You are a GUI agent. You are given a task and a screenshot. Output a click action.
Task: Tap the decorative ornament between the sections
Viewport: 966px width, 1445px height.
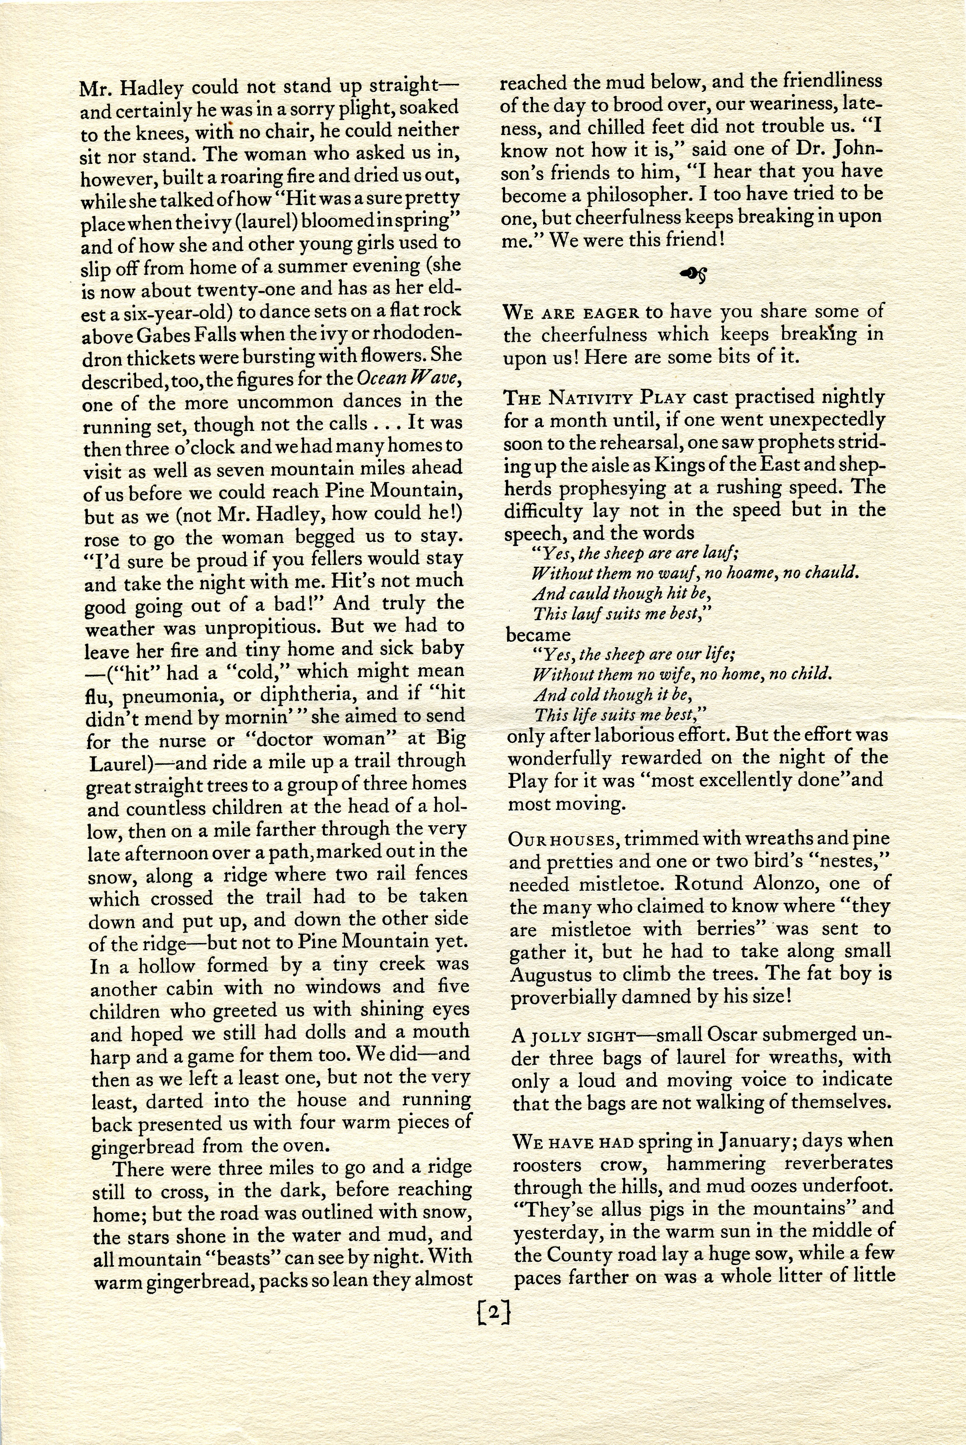(693, 273)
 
